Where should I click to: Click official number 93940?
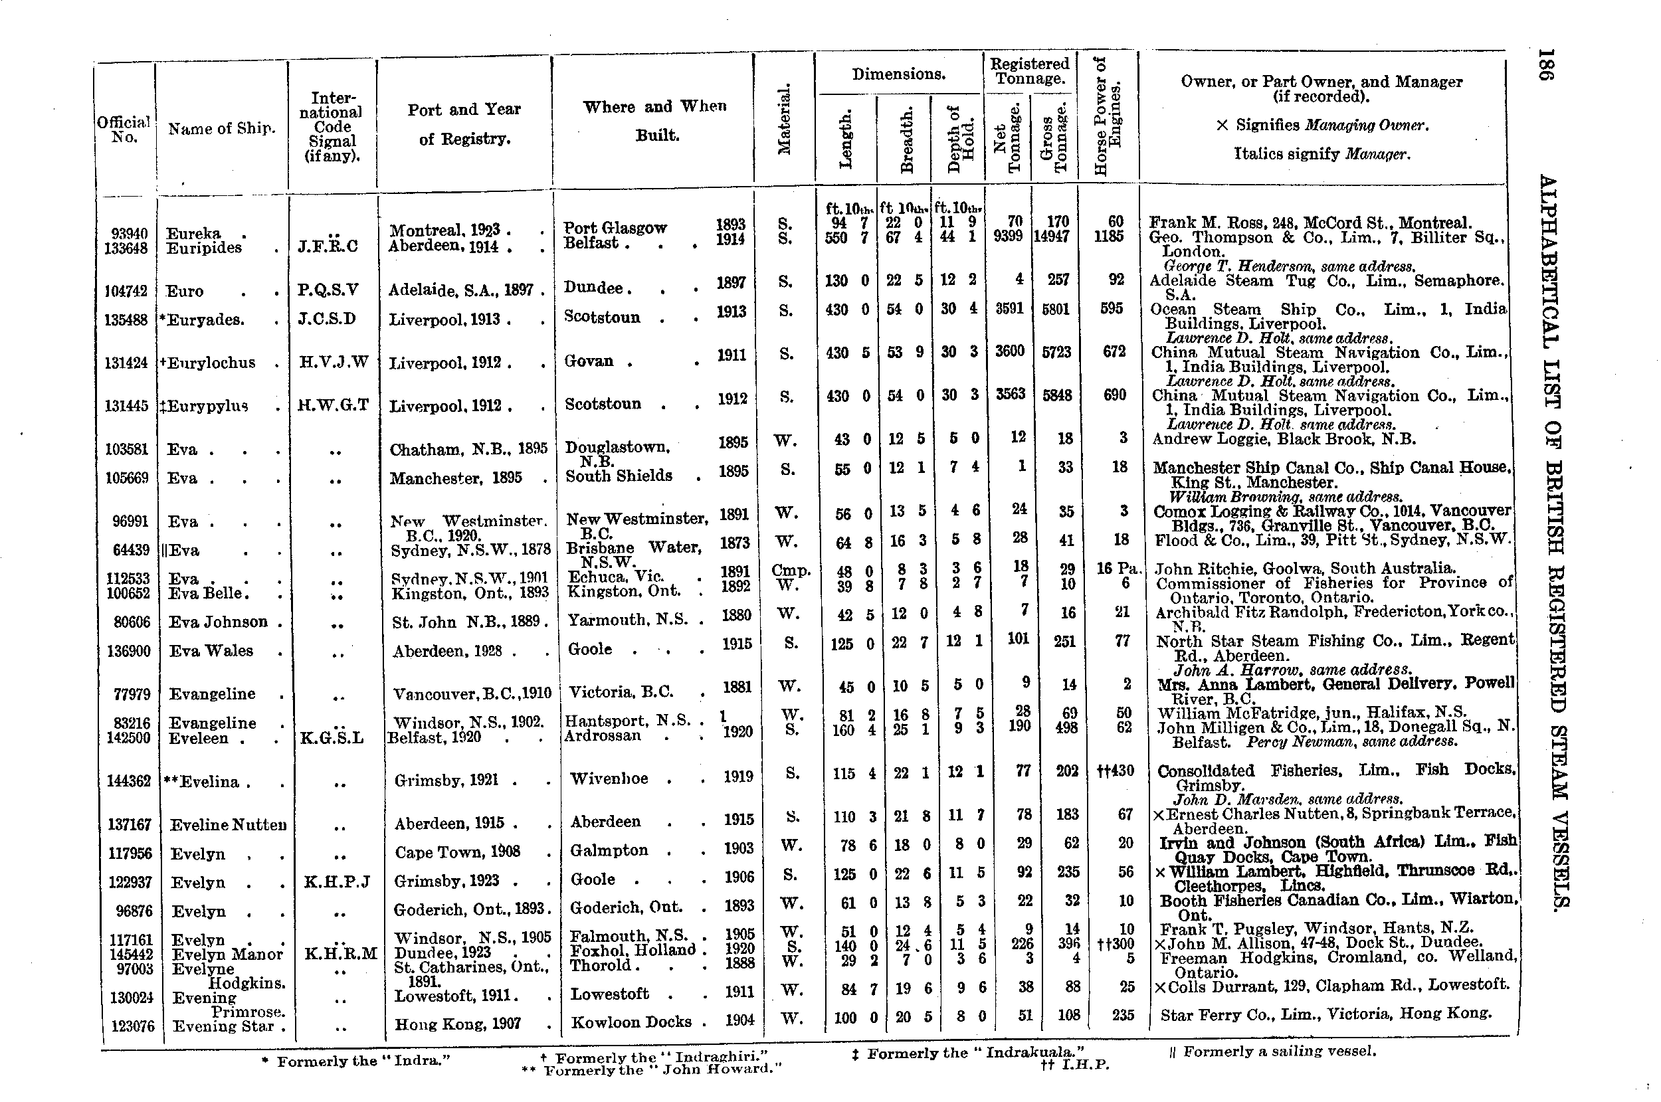(x=130, y=233)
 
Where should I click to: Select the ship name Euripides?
(x=204, y=248)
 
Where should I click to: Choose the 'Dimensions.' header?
(x=898, y=74)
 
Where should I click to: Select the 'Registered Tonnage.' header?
(x=1029, y=71)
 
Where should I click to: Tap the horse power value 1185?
(x=1109, y=237)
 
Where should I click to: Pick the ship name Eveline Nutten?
(x=229, y=825)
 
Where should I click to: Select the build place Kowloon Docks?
(x=631, y=1022)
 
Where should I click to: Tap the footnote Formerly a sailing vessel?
(x=1278, y=1052)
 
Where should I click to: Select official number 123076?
(x=132, y=1026)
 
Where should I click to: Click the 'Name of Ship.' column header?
(x=221, y=129)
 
